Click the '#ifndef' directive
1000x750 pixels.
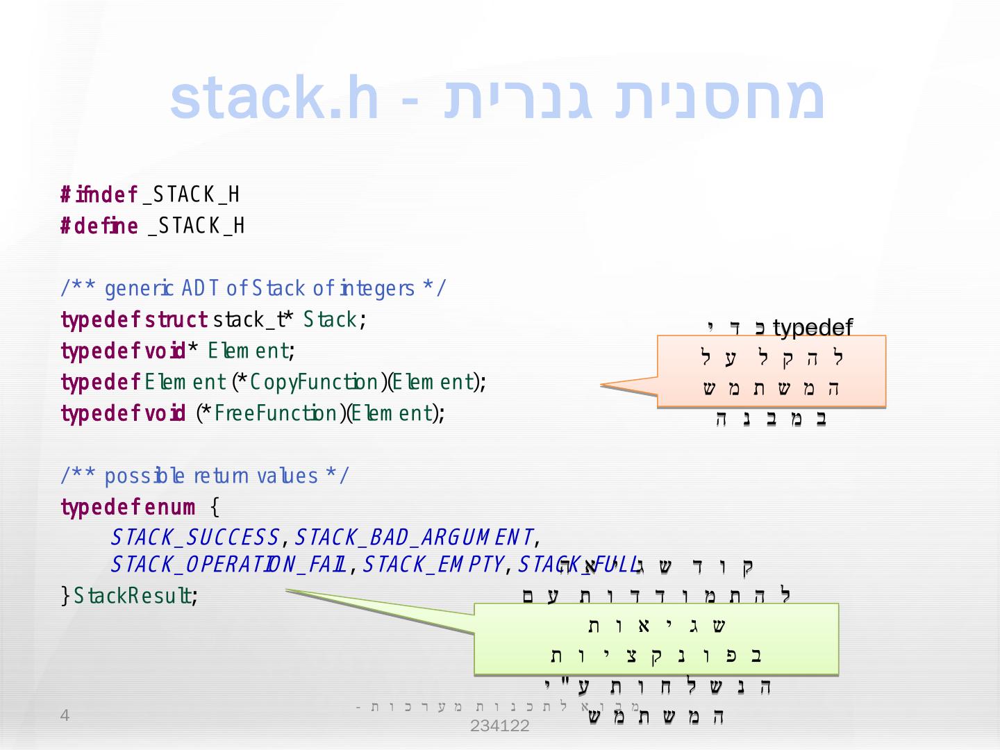[99, 195]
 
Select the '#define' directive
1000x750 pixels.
[99, 226]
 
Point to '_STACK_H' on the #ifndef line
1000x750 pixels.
[192, 195]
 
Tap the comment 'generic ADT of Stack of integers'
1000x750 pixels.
[253, 288]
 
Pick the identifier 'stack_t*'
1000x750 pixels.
[253, 320]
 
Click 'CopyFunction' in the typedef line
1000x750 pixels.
[314, 383]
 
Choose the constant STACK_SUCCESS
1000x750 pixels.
[195, 537]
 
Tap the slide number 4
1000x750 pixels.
[65, 716]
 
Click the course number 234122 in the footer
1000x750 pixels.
[499, 727]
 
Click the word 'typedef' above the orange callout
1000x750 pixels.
[812, 327]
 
